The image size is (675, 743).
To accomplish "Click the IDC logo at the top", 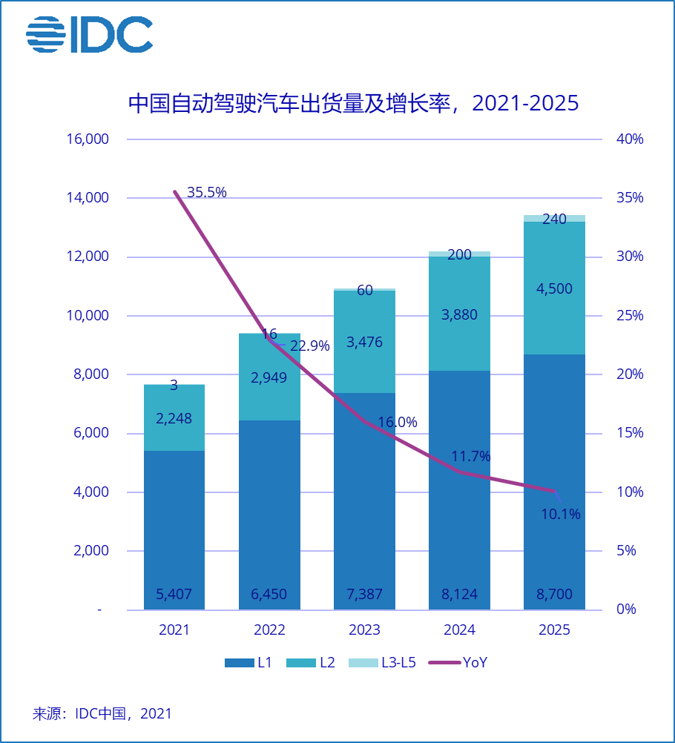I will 89,35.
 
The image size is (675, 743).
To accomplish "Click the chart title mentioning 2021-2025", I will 353,103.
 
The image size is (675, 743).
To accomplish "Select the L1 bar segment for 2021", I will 174,529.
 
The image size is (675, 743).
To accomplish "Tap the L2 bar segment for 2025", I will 554,288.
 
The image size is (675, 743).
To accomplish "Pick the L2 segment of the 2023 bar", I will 364,342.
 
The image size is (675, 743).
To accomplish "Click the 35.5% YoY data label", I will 206,193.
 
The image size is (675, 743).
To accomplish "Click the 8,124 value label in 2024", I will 459,595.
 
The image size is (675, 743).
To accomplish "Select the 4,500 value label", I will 554,289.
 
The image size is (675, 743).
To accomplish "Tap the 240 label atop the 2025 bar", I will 554,219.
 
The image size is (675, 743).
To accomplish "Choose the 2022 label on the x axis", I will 269,630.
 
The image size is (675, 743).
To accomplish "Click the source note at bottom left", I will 102,714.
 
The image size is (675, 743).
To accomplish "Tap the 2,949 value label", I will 269,377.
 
